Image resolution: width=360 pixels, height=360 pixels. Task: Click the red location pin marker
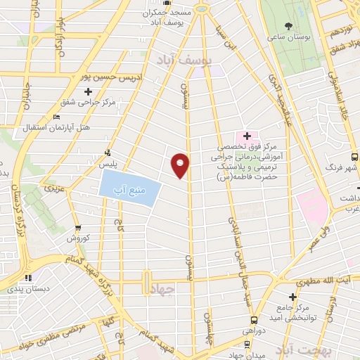point(181,165)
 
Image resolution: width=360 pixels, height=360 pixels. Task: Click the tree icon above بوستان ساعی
point(288,26)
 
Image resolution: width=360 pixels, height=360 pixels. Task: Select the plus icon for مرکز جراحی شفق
point(88,91)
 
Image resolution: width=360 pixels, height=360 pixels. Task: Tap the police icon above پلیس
point(107,152)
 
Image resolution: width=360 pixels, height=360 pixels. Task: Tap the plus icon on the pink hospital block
point(247,135)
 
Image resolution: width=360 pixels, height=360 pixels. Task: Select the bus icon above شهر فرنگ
point(354,157)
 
